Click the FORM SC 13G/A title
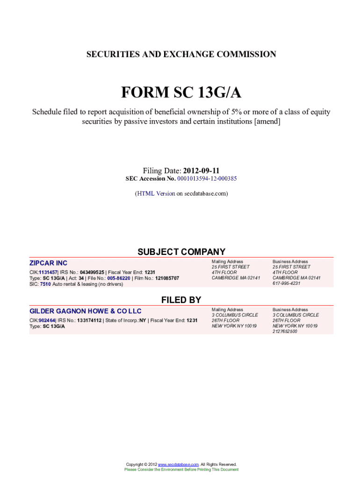[x=181, y=93]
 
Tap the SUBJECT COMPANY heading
[x=181, y=252]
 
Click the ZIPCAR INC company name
[x=48, y=263]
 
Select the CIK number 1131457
[x=48, y=272]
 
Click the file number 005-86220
[x=119, y=278]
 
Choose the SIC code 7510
[x=45, y=283]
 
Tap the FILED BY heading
[x=181, y=300]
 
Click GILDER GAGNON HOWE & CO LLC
[x=86, y=311]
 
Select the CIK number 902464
[x=47, y=320]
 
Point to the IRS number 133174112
[x=90, y=320]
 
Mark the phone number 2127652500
[x=285, y=331]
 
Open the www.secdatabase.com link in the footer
[x=179, y=464]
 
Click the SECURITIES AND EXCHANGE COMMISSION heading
[x=181, y=54]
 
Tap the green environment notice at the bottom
[x=181, y=469]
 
